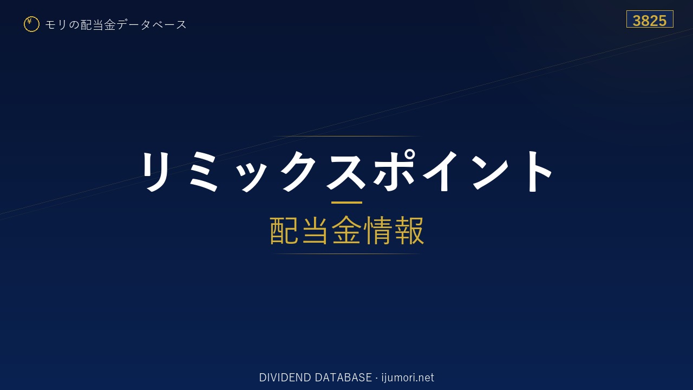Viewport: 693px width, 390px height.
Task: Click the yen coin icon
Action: coord(31,24)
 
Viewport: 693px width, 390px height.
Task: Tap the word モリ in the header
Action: coord(56,25)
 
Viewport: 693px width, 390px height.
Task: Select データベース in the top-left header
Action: coord(152,25)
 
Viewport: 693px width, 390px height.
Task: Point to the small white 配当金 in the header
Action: coord(98,25)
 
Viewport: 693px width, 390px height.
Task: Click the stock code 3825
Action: coord(650,21)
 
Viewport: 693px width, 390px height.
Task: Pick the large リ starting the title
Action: coord(155,171)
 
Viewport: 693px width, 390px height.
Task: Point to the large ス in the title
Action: coord(346,171)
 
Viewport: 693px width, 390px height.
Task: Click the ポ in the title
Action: coord(395,170)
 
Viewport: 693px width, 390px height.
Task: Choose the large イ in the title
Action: coord(440,171)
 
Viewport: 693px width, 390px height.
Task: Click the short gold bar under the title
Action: coord(346,203)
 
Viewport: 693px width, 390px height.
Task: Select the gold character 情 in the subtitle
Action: coord(378,231)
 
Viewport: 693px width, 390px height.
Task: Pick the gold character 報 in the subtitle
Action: coord(409,231)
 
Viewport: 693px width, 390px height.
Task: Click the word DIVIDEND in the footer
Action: coord(285,378)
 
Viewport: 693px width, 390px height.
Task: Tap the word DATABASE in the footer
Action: coord(343,378)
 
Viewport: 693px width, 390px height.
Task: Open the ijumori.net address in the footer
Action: coord(408,378)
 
